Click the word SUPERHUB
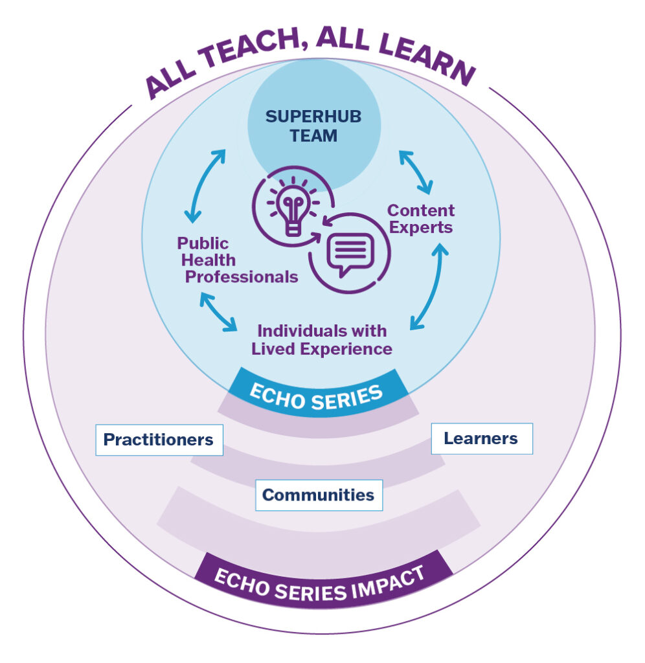(x=313, y=117)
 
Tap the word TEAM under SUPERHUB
(x=313, y=136)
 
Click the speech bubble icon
(x=350, y=254)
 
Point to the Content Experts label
(x=421, y=219)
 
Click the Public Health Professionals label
(x=237, y=260)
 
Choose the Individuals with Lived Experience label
(x=322, y=340)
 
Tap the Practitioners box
(x=159, y=440)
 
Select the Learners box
(x=482, y=438)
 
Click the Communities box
(x=319, y=495)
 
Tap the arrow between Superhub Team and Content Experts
(x=416, y=172)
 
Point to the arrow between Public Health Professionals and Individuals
(x=218, y=311)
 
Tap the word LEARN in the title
(x=427, y=56)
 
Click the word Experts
(x=421, y=227)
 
